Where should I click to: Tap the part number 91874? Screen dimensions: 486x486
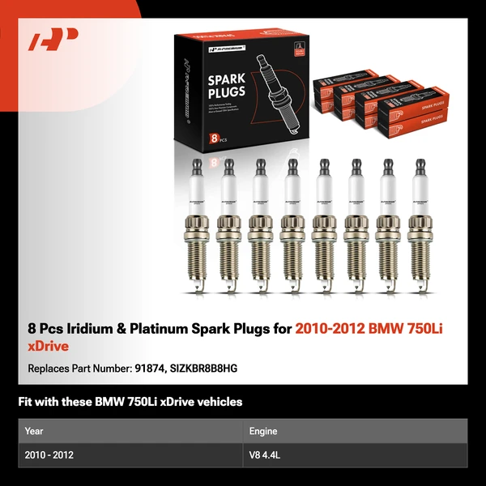(x=151, y=369)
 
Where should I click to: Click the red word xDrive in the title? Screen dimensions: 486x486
(x=49, y=347)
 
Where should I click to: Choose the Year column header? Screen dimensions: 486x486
(x=34, y=431)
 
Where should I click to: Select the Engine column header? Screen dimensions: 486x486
(x=264, y=431)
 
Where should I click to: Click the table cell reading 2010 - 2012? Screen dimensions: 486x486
(x=49, y=455)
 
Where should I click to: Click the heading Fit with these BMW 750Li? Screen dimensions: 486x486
(x=130, y=401)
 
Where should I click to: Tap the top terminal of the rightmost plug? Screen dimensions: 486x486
(x=420, y=164)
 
